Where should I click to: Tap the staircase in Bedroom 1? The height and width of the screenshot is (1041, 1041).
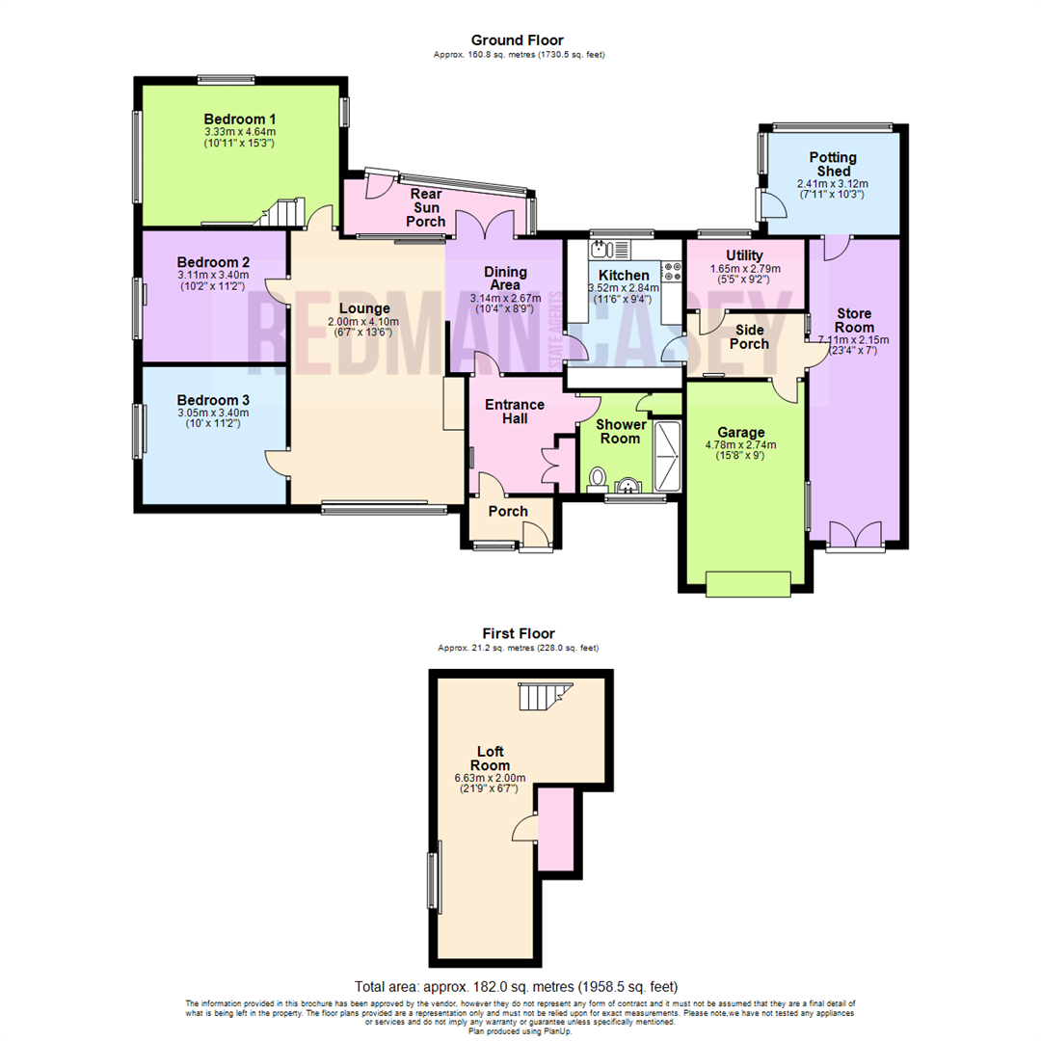coord(281,212)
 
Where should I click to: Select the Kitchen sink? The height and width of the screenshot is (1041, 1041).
coord(602,250)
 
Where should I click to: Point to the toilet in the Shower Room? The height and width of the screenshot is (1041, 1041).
coord(598,477)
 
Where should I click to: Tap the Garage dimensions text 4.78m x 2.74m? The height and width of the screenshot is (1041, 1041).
coord(741,444)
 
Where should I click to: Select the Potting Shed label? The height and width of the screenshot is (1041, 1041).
coord(833,164)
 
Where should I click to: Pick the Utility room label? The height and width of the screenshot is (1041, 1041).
coord(744,254)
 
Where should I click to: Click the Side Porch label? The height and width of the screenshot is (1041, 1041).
coord(752,336)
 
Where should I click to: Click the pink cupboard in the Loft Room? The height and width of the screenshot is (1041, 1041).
coord(555,827)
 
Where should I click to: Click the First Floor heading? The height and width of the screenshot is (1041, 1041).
coord(519,633)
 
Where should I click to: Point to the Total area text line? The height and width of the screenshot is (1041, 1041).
coord(517,987)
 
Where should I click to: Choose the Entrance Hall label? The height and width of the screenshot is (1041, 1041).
coord(514,412)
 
